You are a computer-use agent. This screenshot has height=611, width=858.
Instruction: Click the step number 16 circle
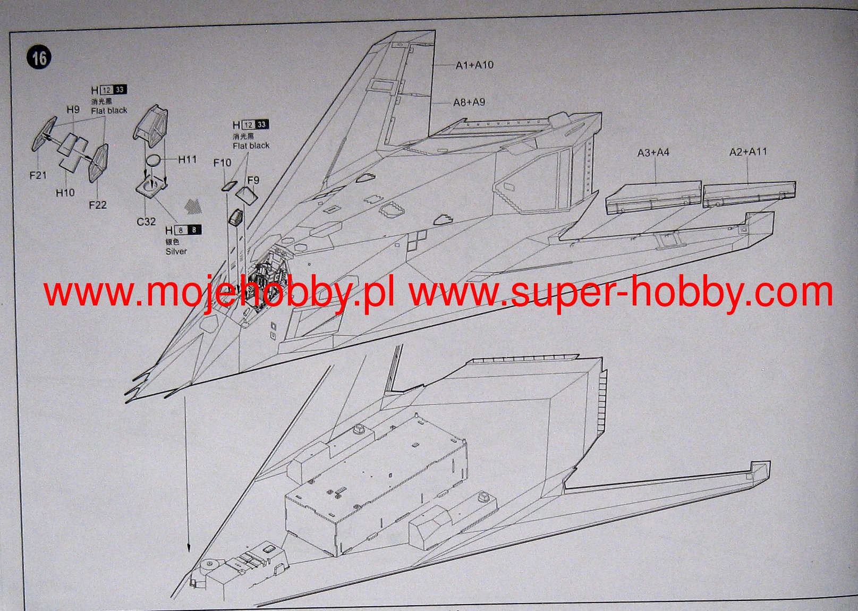39,57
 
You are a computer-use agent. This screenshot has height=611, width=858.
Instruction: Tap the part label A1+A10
474,65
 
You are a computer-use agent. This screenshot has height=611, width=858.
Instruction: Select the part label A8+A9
469,102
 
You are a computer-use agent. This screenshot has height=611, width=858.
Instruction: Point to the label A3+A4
653,152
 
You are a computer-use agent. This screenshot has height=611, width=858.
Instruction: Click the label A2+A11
748,152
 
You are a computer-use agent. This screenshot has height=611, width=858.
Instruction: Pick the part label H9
73,109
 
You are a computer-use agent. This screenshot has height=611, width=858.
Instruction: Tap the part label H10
65,192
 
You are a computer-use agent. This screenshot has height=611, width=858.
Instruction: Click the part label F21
38,175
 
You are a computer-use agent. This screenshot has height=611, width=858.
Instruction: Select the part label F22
98,205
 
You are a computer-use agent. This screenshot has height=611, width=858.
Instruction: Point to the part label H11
187,159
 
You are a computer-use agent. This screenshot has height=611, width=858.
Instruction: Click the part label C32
146,221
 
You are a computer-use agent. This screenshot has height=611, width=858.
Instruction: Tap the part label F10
222,163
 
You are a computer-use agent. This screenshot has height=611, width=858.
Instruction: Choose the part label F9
253,180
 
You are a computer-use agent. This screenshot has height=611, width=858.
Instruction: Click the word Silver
176,251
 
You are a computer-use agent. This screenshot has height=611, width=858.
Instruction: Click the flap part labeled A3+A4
653,197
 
